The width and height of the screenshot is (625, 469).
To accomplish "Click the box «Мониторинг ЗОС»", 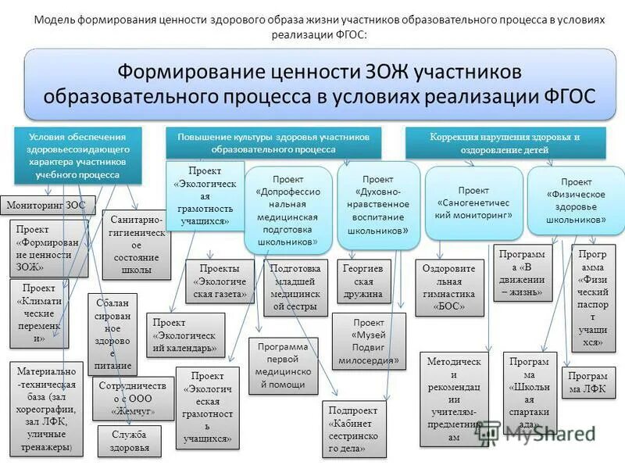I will click(47, 206).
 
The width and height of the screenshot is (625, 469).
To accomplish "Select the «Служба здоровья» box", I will click(129, 441).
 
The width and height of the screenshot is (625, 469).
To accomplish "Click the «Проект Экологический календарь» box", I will click(185, 335).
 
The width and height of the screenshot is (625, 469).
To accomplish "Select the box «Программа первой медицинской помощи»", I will click(283, 365).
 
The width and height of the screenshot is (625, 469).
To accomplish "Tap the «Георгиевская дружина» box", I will click(362, 282).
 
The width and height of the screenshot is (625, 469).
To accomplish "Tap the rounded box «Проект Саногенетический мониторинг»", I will click(473, 202).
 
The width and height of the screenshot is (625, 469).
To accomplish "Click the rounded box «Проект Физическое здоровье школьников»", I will click(576, 201).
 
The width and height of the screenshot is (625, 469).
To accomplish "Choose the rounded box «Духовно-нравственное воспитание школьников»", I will click(378, 205).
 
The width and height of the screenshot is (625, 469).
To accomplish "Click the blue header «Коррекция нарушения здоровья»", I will click(505, 143).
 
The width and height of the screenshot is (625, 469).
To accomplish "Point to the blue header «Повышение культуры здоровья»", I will click(273, 142).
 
